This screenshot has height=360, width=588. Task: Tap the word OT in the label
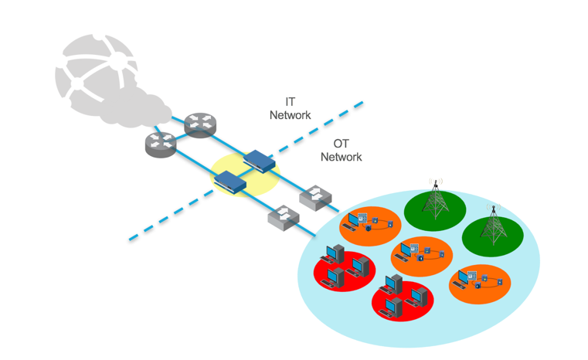[341, 144]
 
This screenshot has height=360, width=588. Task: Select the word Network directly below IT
[290, 115]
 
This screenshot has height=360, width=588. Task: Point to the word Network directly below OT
[341, 157]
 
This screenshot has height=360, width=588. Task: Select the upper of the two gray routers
[200, 124]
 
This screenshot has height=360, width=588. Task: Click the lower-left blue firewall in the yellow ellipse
[230, 182]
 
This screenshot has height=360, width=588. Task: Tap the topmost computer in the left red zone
[335, 253]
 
